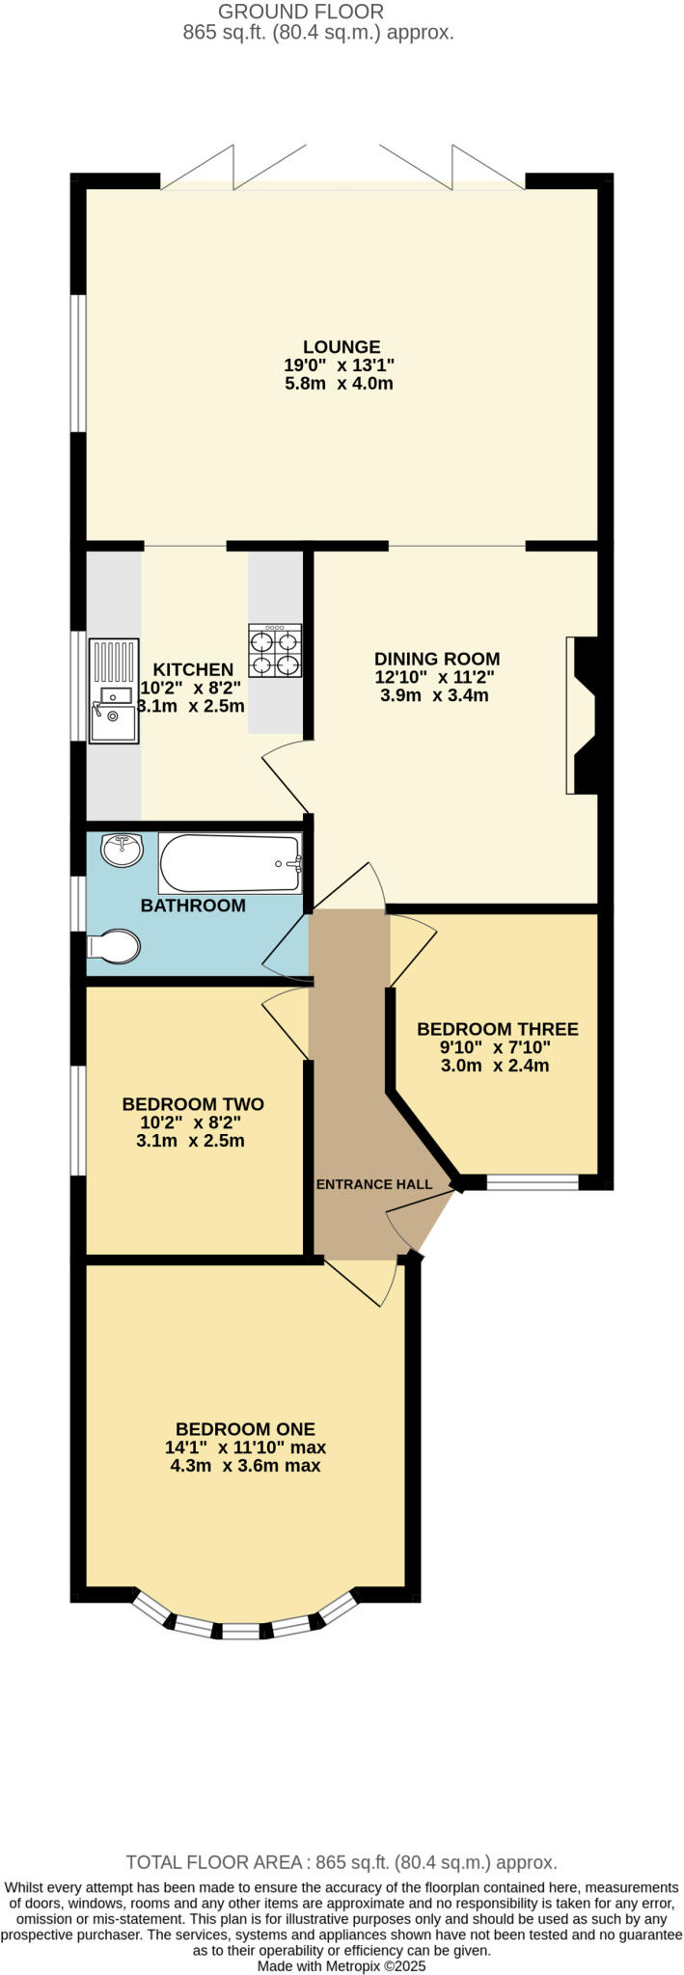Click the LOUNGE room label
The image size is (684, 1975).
tap(341, 347)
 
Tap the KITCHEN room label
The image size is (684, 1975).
tap(193, 669)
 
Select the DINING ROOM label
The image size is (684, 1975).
tap(437, 660)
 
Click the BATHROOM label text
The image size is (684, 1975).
tap(193, 906)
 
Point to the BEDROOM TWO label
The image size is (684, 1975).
tap(193, 1104)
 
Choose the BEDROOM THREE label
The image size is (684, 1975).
tap(497, 1029)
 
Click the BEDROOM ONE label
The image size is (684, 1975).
tap(245, 1429)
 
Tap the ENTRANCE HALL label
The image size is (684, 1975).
tap(374, 1184)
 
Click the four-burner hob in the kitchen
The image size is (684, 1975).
tap(275, 652)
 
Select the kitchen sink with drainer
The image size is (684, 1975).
tap(113, 690)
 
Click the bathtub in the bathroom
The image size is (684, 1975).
tap(232, 864)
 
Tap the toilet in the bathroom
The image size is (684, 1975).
tap(115, 946)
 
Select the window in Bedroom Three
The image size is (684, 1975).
tap(532, 1182)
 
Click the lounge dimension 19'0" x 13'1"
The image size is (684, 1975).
tap(340, 365)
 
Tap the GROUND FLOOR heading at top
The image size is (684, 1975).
tap(301, 12)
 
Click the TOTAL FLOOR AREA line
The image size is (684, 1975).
tap(342, 1862)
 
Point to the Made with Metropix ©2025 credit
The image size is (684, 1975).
tap(342, 1965)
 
